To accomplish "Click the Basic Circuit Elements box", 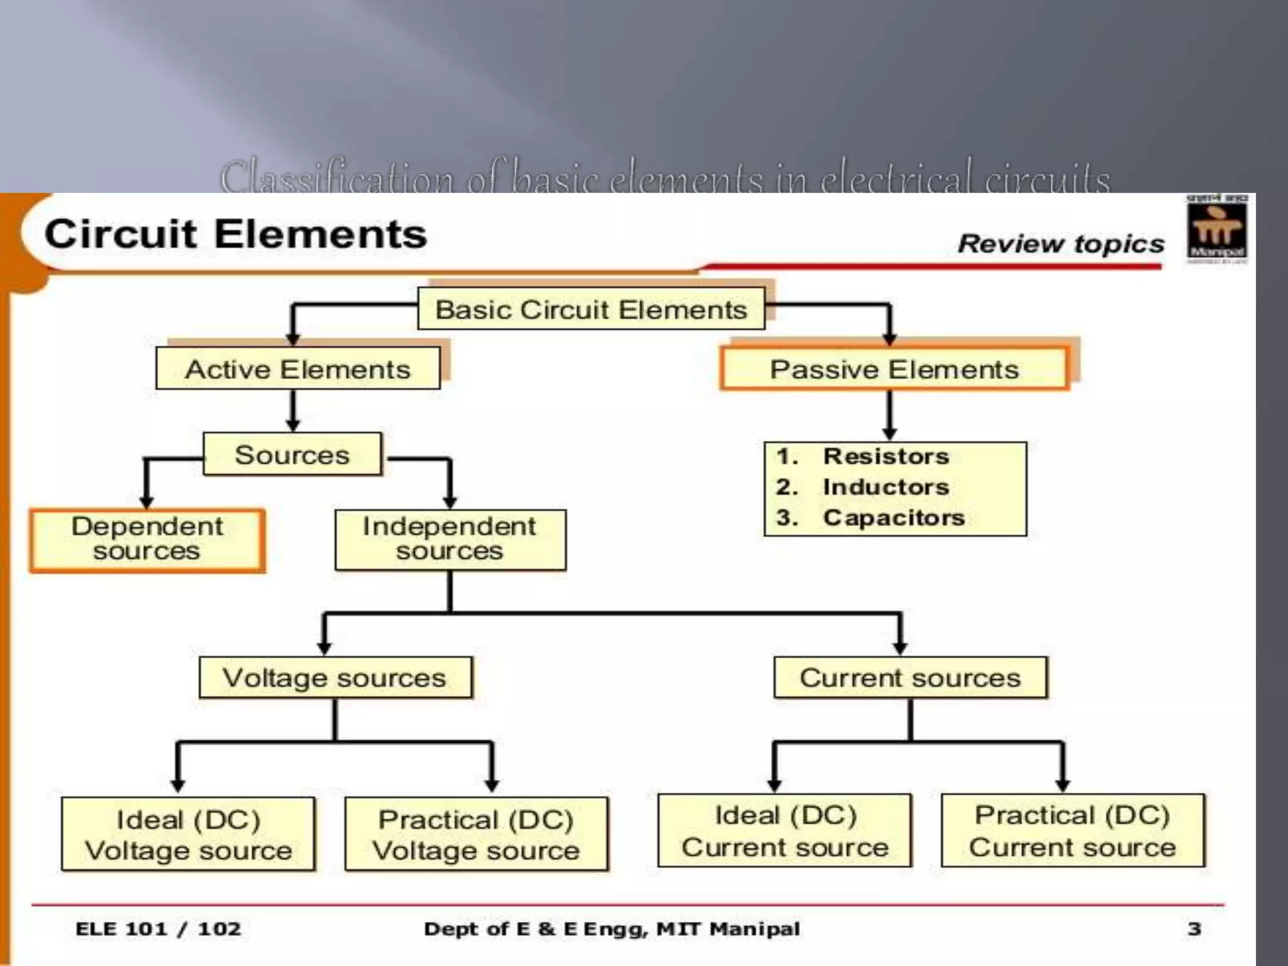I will (591, 309).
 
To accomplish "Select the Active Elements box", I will (298, 369).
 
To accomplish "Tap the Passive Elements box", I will (894, 369).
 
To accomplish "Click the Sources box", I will (292, 454).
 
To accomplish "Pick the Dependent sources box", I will (147, 540).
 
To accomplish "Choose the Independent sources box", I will (450, 540).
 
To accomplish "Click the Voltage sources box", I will (335, 678).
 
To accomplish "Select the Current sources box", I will (910, 678).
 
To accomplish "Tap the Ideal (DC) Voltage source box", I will (189, 834).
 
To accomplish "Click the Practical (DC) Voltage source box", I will (476, 834).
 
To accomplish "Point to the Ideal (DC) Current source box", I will (785, 830).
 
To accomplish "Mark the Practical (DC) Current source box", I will (1072, 830).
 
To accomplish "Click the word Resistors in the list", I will (886, 456).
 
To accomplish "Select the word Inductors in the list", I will (886, 487).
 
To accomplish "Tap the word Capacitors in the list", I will (894, 518).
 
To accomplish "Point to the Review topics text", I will (1061, 243).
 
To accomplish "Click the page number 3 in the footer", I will (1194, 928).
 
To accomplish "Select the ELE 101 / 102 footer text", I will (158, 929).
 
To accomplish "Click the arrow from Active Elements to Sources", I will (293, 411).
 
